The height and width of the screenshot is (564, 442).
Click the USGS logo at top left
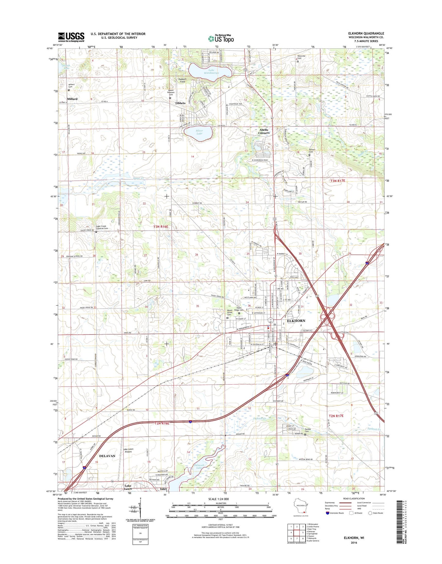point(71,37)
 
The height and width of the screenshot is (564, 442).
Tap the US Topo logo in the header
point(221,39)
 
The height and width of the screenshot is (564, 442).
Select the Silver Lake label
point(199,132)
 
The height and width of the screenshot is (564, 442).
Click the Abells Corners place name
point(264,131)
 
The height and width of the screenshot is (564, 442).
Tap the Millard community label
point(72,99)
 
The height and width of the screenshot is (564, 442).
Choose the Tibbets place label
point(180,103)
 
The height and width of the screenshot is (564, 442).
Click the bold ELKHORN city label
point(296,321)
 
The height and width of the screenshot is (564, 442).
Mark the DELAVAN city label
point(107,456)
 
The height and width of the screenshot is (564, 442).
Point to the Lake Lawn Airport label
point(128,450)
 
